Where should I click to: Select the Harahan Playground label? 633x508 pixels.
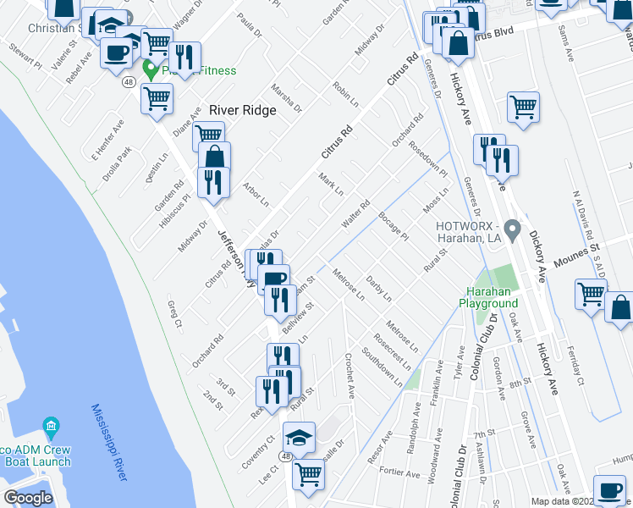[488, 296]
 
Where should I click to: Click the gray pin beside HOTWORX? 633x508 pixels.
[511, 229]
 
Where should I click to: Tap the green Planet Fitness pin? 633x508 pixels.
[152, 70]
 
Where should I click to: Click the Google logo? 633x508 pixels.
[28, 498]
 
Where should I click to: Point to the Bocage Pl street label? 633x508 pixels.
[394, 226]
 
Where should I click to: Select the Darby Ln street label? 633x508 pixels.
[378, 289]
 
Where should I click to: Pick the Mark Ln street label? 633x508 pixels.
[331, 183]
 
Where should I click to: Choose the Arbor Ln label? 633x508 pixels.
[255, 195]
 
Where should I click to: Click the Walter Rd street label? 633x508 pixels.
[356, 213]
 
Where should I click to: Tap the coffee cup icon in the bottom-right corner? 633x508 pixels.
[609, 492]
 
